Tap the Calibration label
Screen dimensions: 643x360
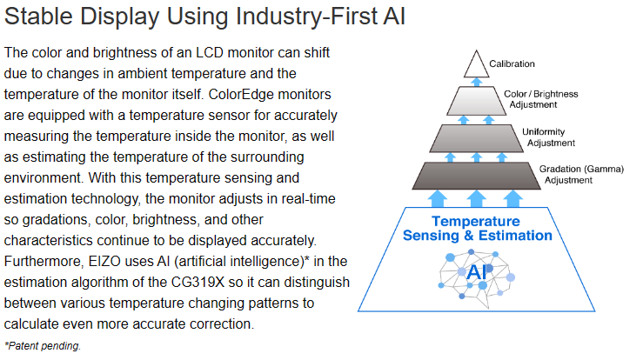512,64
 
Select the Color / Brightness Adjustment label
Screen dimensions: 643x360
540,99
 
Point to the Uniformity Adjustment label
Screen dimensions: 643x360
548,137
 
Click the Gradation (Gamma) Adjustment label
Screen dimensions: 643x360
581,175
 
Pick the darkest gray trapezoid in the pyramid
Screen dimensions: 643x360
476,176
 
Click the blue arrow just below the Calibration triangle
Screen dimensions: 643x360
476,82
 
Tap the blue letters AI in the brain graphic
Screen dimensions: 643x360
477,272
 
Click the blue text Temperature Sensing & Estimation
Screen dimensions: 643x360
477,229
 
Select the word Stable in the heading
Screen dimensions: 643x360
38,17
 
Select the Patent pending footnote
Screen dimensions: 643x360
43,345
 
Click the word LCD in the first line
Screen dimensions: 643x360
209,52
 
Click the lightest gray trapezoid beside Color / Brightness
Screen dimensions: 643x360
476,101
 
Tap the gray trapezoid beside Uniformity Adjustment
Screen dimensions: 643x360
476,138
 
